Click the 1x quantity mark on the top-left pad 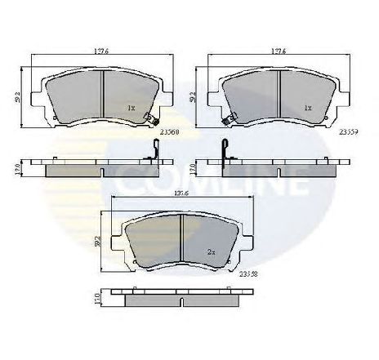pos(130,108)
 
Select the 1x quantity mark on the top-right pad pos(308,108)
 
